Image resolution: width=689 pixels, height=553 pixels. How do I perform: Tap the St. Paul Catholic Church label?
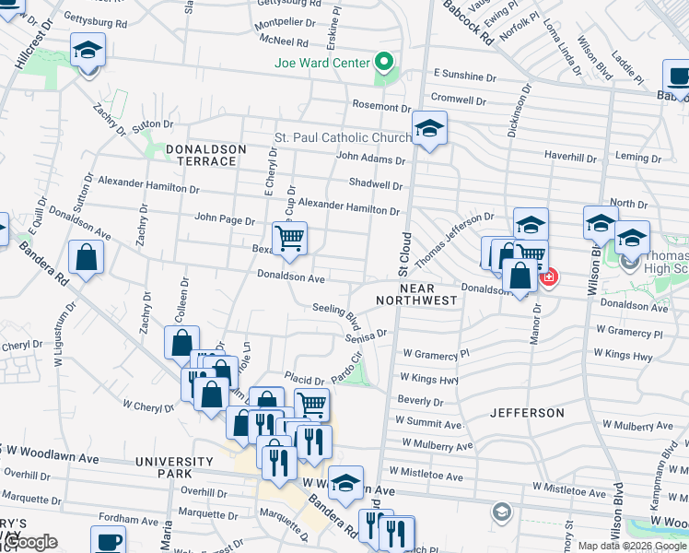pyautogui.click(x=343, y=138)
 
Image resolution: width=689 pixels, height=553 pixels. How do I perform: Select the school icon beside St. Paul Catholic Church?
pyautogui.click(x=429, y=128)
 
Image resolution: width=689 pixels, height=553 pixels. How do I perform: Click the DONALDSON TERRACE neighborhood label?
pyautogui.click(x=206, y=155)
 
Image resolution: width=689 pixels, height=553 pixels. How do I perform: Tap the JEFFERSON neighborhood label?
pyautogui.click(x=527, y=413)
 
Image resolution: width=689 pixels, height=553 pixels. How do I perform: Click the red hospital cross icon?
pyautogui.click(x=548, y=276)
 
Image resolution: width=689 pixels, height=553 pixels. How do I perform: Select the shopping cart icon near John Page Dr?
pyautogui.click(x=290, y=239)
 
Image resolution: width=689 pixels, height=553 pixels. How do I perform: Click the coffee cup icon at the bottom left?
pyautogui.click(x=109, y=540)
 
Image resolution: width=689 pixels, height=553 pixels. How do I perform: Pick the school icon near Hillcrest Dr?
pyautogui.click(x=88, y=50)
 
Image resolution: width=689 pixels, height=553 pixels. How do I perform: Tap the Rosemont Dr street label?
pyautogui.click(x=374, y=106)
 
